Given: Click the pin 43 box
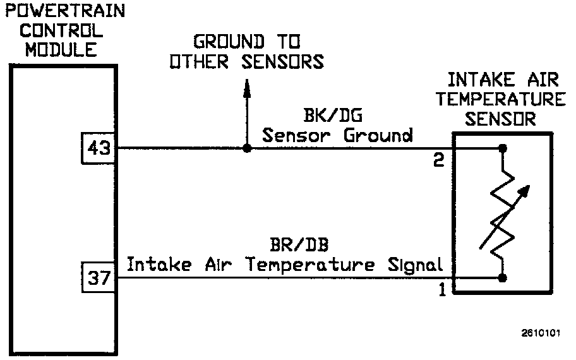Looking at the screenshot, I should pos(99,148).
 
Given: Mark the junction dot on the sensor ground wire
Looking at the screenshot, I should pos(246,148).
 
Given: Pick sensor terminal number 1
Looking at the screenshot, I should pos(441,291).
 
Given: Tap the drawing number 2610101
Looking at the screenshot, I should pos(541,333).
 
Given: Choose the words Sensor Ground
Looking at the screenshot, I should pos(337,135).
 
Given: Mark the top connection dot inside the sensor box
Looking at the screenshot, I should pos(503,148).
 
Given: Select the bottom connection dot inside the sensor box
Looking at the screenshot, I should pos(503,277).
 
